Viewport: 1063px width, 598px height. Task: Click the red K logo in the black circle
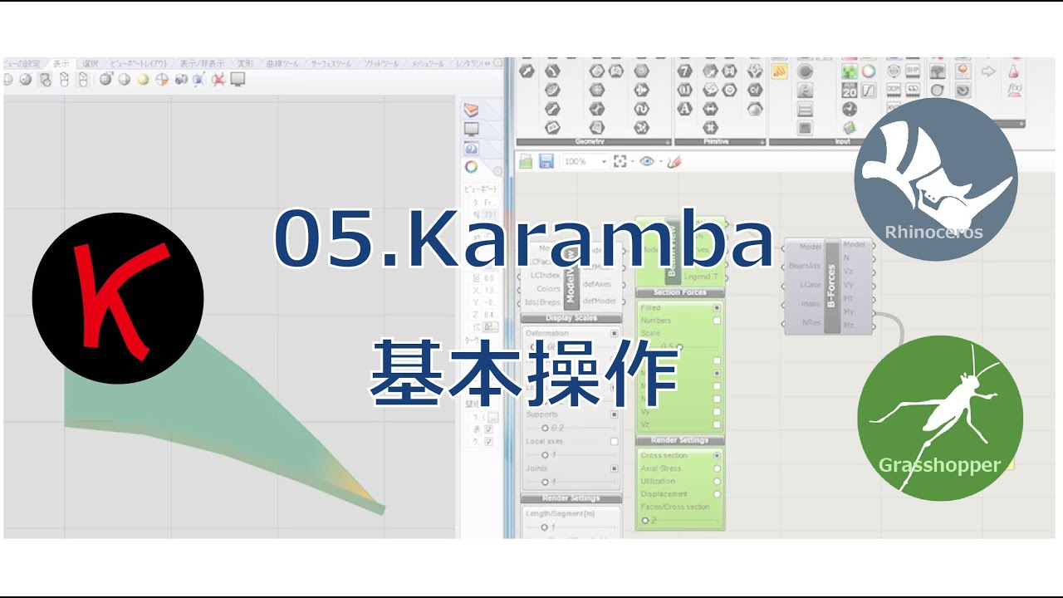tap(117, 297)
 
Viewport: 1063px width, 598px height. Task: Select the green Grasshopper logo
tap(939, 418)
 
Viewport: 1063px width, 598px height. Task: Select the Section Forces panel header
tap(679, 292)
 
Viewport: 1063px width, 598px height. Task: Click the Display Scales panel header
tap(571, 317)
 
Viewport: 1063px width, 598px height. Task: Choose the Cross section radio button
tap(717, 455)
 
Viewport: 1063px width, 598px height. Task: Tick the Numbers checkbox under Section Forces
tap(717, 320)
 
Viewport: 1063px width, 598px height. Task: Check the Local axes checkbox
tap(615, 441)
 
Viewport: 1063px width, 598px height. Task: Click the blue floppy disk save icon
tap(546, 161)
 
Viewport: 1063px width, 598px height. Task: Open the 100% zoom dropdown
tap(585, 162)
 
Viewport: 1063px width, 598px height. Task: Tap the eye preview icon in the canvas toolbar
tap(647, 162)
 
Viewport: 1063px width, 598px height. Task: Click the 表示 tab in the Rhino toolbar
tap(61, 63)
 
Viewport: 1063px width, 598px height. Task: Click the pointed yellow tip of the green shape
tap(378, 506)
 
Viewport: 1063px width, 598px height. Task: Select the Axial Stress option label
tap(660, 468)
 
